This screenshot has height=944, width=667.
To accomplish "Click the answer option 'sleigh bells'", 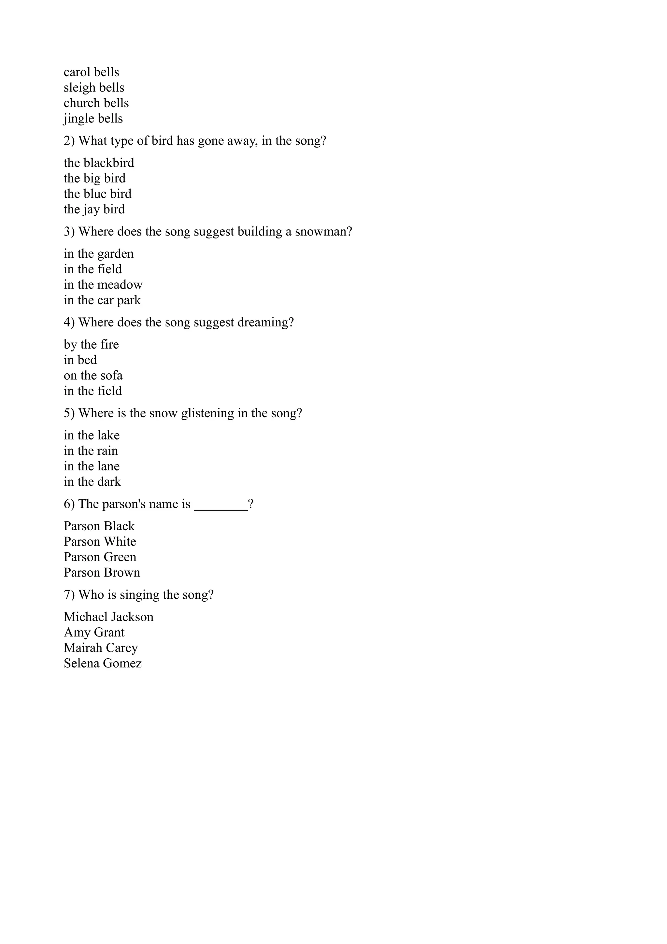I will click(x=94, y=88).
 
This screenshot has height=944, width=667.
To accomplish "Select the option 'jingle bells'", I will click(x=93, y=119).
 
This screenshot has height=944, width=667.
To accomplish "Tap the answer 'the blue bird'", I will click(x=97, y=193).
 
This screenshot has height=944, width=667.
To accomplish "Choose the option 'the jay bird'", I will click(x=94, y=209).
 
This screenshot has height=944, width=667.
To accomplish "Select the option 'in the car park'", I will click(x=102, y=300).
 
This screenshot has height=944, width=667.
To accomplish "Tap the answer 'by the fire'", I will click(x=91, y=345).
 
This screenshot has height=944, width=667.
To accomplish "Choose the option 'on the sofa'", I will click(x=93, y=375).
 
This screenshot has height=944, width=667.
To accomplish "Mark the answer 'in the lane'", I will click(x=92, y=466).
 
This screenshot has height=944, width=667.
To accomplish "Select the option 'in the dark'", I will click(x=92, y=482).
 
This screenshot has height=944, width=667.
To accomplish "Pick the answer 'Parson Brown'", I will click(x=102, y=573).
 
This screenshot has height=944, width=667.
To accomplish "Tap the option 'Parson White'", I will click(x=100, y=541).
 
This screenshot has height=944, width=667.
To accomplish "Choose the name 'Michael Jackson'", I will click(x=108, y=617).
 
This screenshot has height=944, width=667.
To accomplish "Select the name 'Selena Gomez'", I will click(x=103, y=663).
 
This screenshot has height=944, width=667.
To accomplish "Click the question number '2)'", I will click(x=69, y=141).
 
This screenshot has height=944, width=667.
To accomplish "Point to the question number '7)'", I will click(x=69, y=595).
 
